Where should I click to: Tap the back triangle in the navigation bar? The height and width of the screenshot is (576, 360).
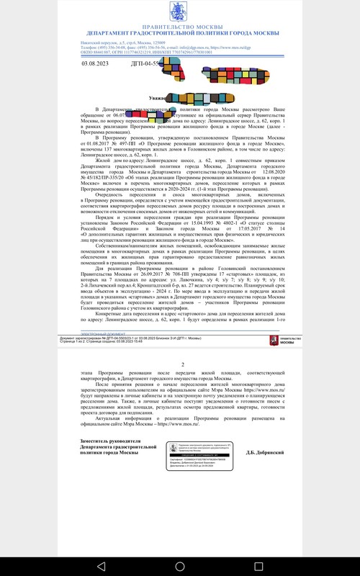(100, 562)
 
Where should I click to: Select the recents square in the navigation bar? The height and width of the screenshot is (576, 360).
(259, 562)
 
